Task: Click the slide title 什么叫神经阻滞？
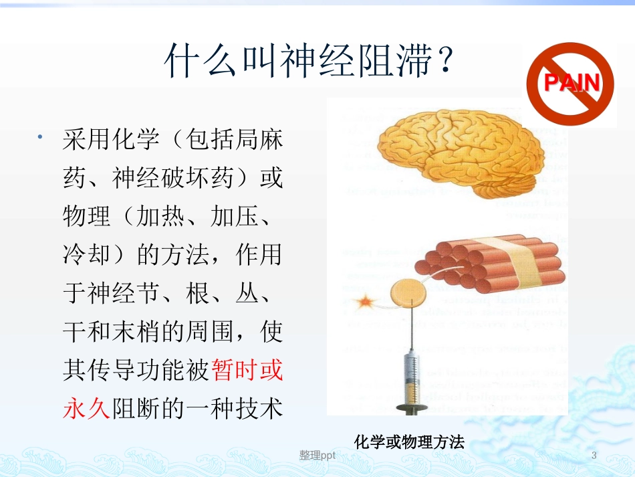[x=310, y=62]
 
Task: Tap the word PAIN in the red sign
[x=570, y=83]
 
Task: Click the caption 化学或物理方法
[x=409, y=442]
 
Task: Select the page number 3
[x=594, y=456]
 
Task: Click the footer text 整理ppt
[x=317, y=456]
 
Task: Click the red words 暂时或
[x=247, y=369]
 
